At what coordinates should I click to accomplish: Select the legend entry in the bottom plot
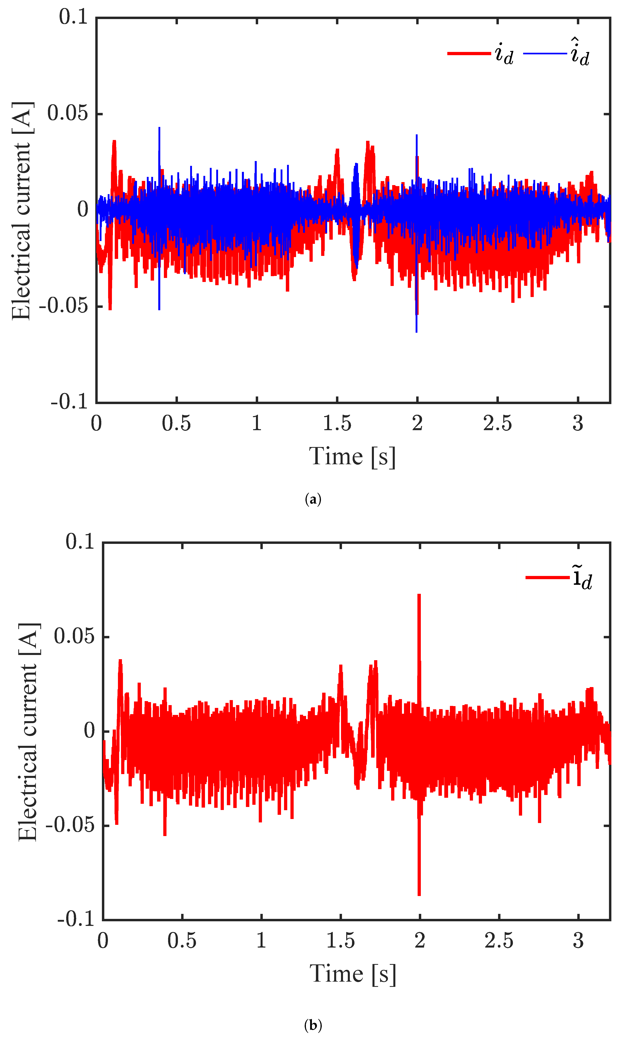pyautogui.click(x=559, y=578)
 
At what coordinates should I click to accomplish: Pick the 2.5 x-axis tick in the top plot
pyautogui.click(x=497, y=424)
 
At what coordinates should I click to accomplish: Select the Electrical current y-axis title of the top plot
pyautogui.click(x=22, y=211)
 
